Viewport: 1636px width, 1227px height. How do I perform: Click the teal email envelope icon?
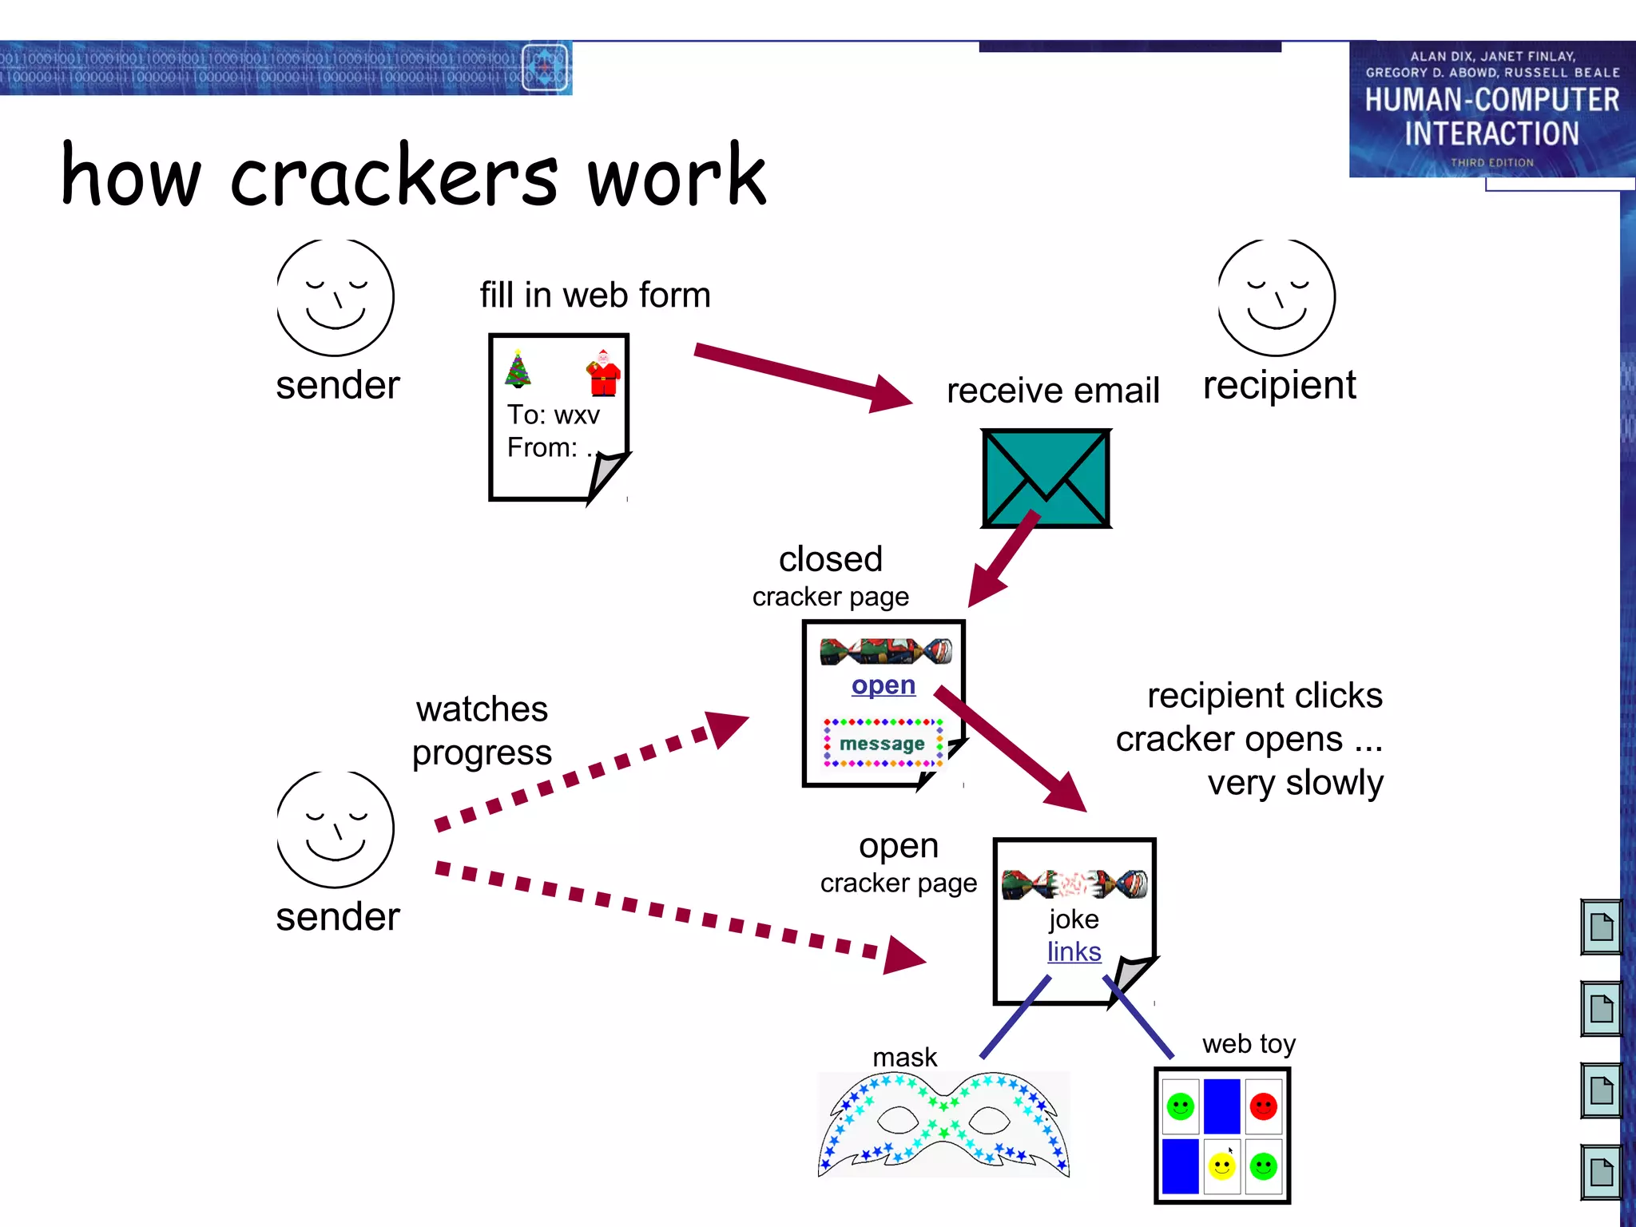pos(1046,478)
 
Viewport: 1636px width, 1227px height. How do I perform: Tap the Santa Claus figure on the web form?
pos(604,372)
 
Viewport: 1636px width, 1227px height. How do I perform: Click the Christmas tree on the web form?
pos(518,369)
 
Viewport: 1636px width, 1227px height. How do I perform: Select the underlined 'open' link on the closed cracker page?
pos(883,685)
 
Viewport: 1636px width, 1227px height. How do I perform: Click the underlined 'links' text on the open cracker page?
pos(1074,951)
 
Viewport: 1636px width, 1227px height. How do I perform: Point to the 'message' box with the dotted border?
pos(882,743)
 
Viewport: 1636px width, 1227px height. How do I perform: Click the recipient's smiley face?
pos(1276,297)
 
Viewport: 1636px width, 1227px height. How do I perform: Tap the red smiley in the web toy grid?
pos(1263,1106)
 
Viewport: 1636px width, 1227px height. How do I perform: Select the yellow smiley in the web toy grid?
pos(1221,1166)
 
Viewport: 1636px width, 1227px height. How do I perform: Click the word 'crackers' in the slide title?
pos(394,176)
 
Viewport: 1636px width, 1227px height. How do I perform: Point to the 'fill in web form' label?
pos(594,295)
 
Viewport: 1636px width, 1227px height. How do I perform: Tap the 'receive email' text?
pos(1052,391)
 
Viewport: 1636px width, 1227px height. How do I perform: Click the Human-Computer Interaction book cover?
pos(1491,109)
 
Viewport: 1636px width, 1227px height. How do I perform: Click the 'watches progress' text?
pos(482,730)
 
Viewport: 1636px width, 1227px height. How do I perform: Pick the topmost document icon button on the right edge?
pos(1601,927)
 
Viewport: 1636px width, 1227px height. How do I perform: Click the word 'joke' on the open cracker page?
pos(1074,919)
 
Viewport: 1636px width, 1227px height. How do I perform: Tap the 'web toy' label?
pos(1249,1043)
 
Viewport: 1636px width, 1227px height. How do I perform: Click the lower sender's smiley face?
pos(335,829)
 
